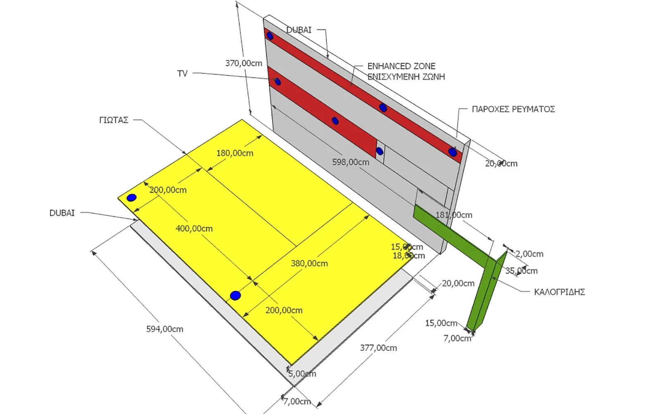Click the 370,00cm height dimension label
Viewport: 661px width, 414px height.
click(243, 63)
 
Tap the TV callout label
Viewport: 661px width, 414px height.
click(182, 74)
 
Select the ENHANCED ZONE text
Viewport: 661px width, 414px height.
click(401, 66)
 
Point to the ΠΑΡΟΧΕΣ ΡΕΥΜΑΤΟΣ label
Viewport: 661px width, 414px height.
click(513, 109)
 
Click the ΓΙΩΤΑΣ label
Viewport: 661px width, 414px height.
click(114, 120)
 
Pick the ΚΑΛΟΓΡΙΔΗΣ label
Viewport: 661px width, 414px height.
click(559, 292)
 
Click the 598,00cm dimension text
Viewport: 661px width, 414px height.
click(350, 162)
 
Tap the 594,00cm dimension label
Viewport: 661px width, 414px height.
click(164, 329)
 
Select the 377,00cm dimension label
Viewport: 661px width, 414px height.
click(378, 348)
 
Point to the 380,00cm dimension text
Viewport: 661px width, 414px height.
click(309, 264)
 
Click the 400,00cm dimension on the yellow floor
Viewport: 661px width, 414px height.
click(194, 228)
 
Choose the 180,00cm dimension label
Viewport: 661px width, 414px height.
click(235, 153)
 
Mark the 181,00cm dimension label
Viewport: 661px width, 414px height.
click(454, 215)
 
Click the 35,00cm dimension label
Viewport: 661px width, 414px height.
click(521, 271)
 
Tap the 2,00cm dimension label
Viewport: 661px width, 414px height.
click(529, 254)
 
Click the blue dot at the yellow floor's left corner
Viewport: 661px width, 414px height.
click(131, 198)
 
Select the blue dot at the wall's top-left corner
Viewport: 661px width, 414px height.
click(270, 36)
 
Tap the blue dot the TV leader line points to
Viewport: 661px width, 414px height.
click(278, 82)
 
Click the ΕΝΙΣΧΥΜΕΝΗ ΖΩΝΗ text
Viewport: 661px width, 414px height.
click(406, 77)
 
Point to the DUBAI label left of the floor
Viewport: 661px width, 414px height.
click(62, 213)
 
